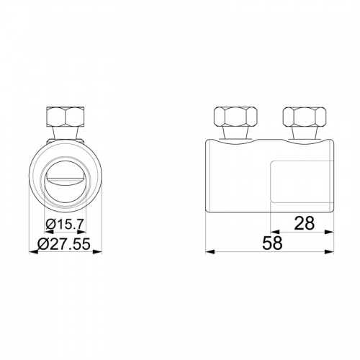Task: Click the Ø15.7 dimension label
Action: (x=65, y=225)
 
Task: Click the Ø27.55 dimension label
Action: (x=64, y=244)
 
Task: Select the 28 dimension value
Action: (x=304, y=223)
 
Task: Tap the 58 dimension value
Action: (x=272, y=243)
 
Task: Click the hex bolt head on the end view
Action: (x=66, y=117)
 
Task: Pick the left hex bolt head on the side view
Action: (x=235, y=117)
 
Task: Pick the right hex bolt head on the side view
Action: (x=305, y=117)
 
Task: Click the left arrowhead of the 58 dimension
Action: (x=210, y=251)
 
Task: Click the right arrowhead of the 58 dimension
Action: (x=329, y=251)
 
